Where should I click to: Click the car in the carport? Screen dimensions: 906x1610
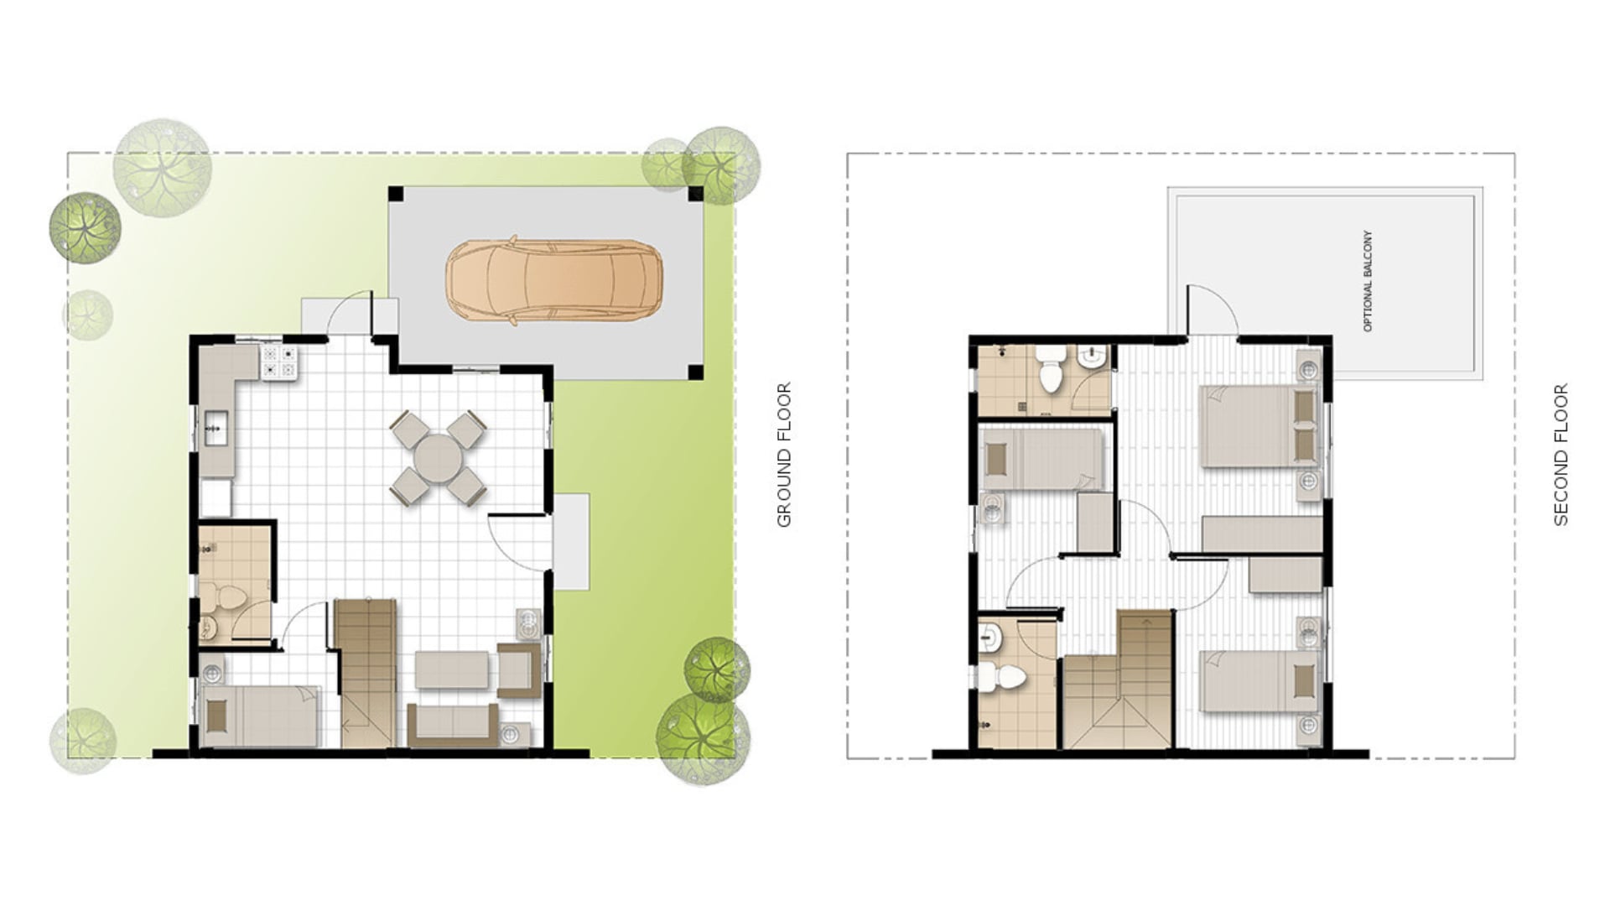[553, 280]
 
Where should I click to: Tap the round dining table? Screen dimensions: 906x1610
[438, 457]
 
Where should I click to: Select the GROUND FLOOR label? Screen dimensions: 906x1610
[784, 455]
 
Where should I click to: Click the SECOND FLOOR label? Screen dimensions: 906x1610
[1561, 455]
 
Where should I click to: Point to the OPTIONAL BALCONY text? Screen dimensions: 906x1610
[1368, 281]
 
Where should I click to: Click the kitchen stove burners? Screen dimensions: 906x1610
[279, 362]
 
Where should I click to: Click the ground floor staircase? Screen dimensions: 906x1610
[366, 671]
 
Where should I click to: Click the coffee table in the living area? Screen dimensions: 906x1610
[452, 669]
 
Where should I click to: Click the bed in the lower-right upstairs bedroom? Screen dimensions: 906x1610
[1258, 681]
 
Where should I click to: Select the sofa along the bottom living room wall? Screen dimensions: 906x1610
[453, 724]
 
